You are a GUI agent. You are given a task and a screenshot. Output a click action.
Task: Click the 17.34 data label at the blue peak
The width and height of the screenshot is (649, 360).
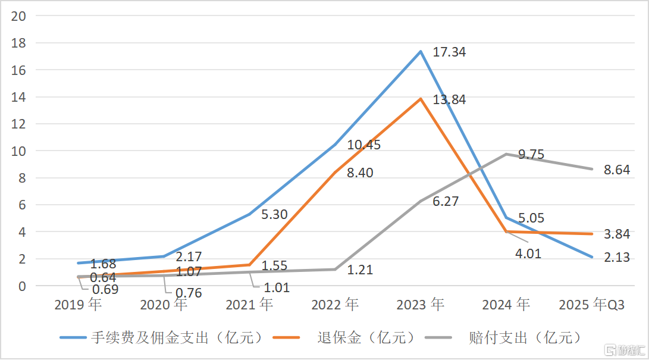coord(449,52)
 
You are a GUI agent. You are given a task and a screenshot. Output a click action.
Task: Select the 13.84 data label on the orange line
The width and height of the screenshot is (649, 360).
coord(449,100)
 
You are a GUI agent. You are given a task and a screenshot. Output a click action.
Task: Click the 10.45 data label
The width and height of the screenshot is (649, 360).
coord(364,145)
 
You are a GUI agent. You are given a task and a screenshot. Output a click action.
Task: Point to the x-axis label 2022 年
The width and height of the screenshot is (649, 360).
coord(335,305)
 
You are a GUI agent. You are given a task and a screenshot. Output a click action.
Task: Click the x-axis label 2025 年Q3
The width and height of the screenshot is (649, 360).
coord(592,305)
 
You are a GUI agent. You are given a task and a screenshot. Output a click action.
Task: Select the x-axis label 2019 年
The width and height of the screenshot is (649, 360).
coord(78,305)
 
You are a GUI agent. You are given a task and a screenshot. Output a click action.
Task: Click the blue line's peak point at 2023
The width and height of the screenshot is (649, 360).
coord(421,52)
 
